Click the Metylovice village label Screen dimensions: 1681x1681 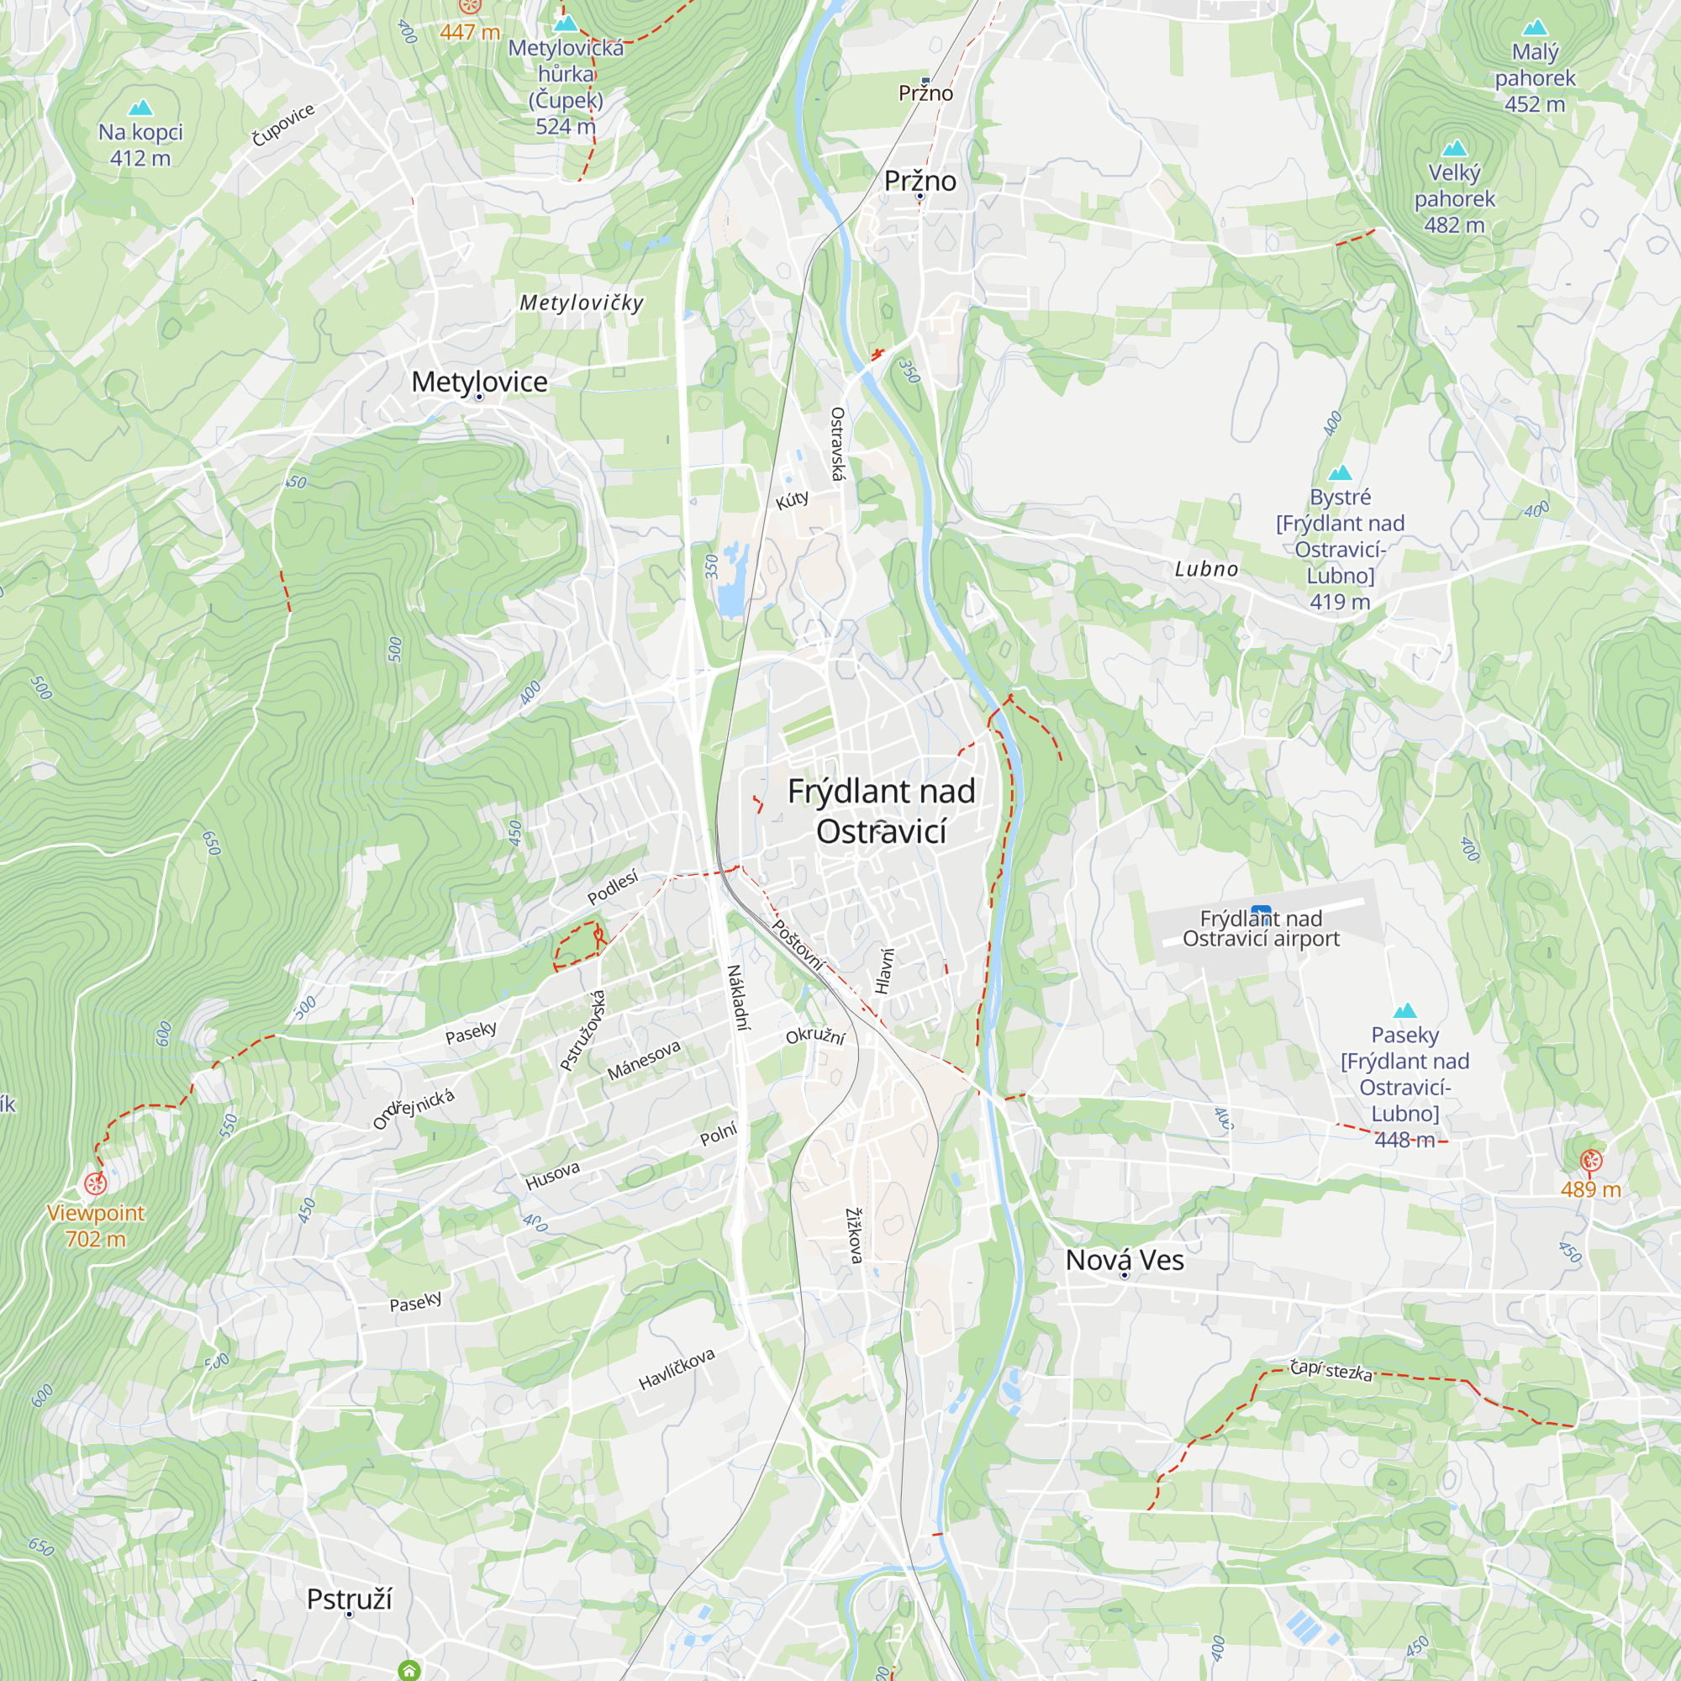[x=479, y=381]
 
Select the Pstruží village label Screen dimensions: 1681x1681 [x=349, y=1599]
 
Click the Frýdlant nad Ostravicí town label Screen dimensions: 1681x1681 [x=881, y=811]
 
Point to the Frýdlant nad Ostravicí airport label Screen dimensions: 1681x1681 [x=1261, y=929]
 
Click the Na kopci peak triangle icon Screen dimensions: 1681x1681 [x=140, y=108]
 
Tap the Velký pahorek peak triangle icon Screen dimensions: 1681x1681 [x=1454, y=148]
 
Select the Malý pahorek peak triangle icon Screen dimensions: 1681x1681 [x=1535, y=28]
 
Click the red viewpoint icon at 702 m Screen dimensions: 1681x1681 [x=95, y=1183]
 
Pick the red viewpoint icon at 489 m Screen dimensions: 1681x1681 [x=1590, y=1160]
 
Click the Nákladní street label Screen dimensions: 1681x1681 [x=738, y=997]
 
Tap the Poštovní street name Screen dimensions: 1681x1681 [x=798, y=945]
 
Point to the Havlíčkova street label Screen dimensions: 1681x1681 [x=676, y=1368]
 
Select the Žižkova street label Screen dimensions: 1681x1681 [x=855, y=1236]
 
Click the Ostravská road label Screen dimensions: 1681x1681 [x=837, y=444]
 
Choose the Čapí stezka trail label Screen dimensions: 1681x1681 [x=1331, y=1371]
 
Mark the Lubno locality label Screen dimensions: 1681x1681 [x=1206, y=569]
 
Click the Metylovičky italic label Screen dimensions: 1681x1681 [x=582, y=303]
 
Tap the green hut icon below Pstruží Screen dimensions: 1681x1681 [x=409, y=1670]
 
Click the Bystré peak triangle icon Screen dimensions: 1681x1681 [x=1340, y=472]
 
